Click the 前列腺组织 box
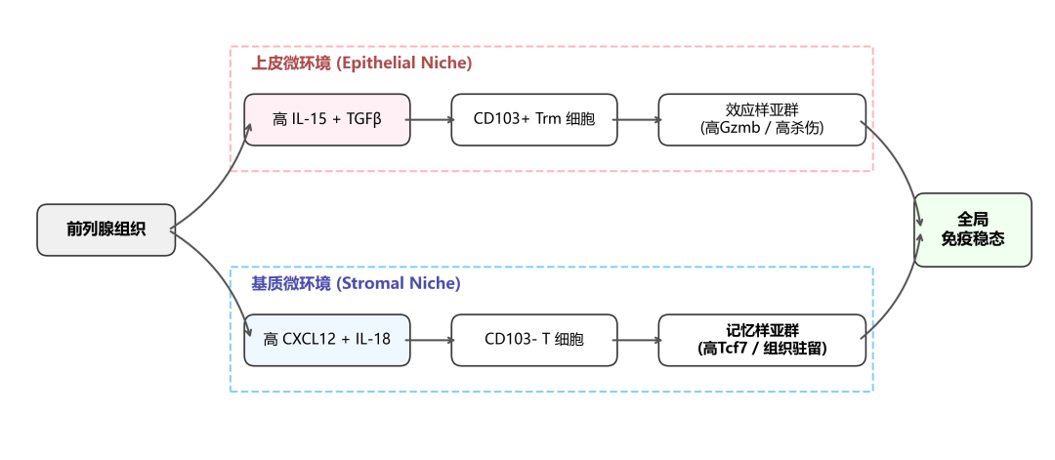click(x=106, y=230)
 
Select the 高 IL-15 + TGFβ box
click(x=327, y=120)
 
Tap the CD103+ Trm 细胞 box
click(x=533, y=120)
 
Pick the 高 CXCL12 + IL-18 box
click(x=327, y=340)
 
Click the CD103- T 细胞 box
click(x=533, y=340)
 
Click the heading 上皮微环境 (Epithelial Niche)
click(x=361, y=63)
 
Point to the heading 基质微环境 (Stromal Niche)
click(x=356, y=283)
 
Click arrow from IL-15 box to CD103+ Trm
click(x=431, y=120)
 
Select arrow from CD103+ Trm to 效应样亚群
click(x=637, y=120)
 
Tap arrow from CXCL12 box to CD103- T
click(x=431, y=340)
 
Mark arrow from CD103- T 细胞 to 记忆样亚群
click(x=637, y=340)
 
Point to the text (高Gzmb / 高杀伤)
click(x=762, y=129)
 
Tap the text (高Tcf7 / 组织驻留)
click(x=762, y=349)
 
